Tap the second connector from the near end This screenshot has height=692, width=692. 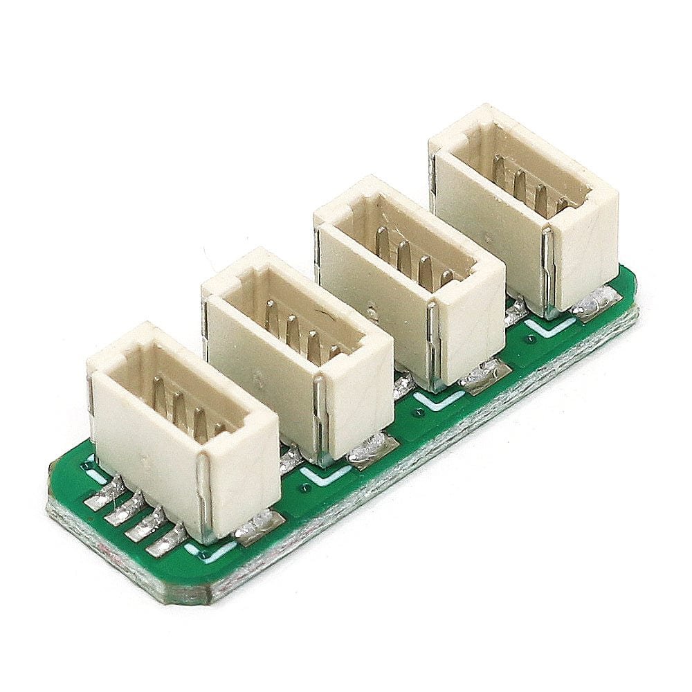298,353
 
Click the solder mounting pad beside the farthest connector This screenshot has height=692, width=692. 595,304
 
